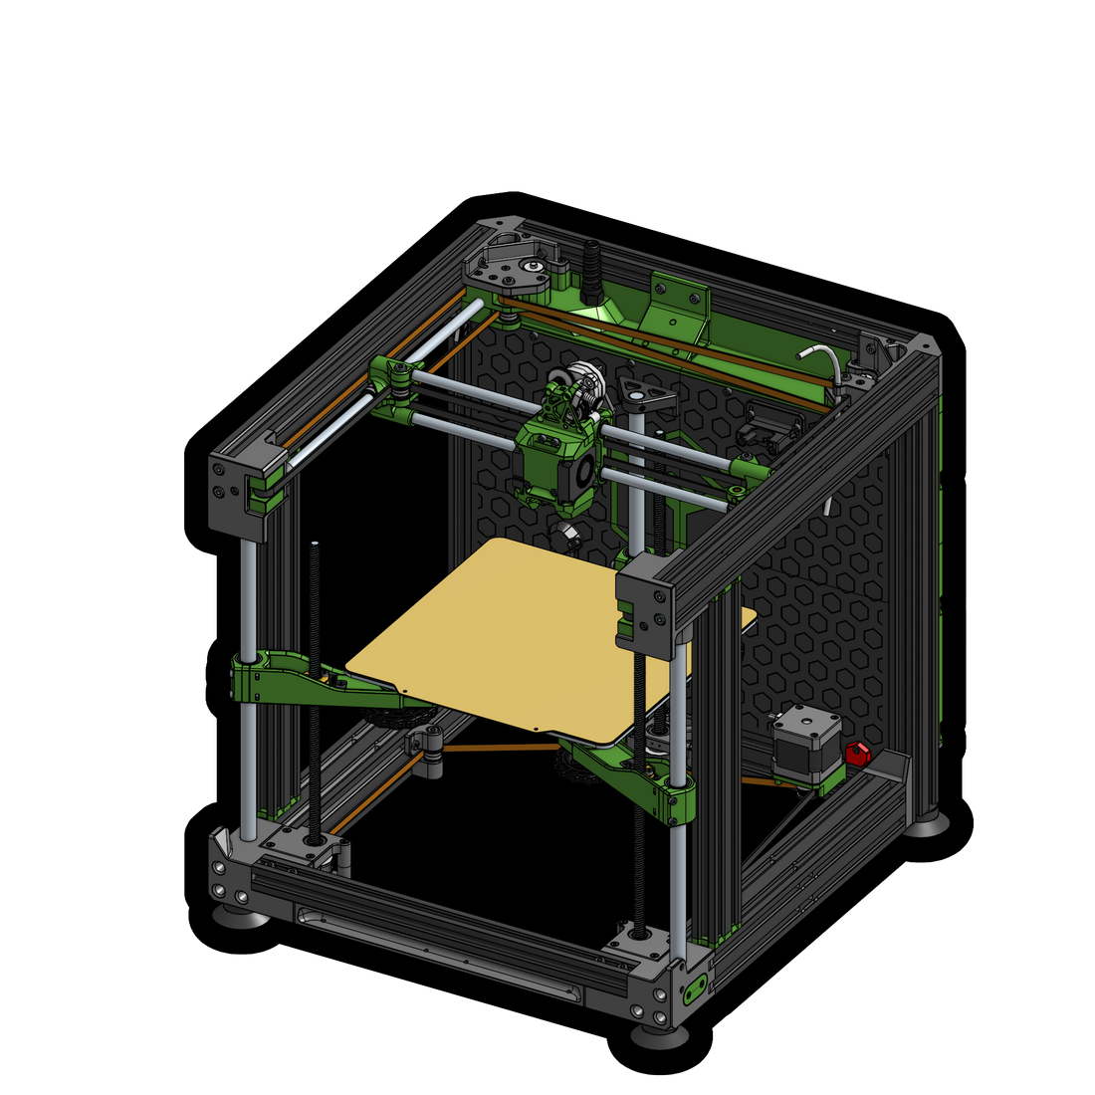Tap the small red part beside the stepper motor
pos(857,753)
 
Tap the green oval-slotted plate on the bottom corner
pos(694,989)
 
